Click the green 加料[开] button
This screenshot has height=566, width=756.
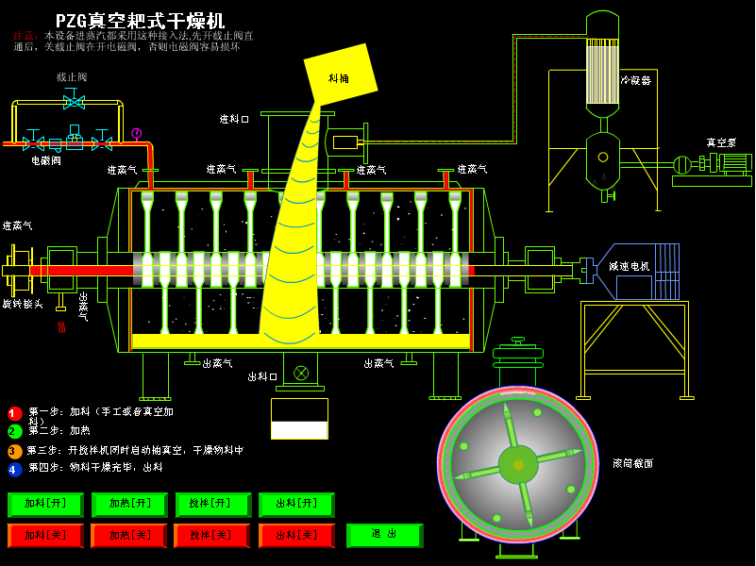pyautogui.click(x=45, y=505)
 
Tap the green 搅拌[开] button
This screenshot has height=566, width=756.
pyautogui.click(x=212, y=505)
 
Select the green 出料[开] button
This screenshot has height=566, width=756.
pyautogui.click(x=296, y=505)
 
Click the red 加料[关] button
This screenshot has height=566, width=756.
pyautogui.click(x=45, y=536)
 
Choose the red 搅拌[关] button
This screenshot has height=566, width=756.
pyautogui.click(x=212, y=536)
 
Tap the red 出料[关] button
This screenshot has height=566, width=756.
pyautogui.click(x=296, y=536)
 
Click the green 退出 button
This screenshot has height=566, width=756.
pyautogui.click(x=384, y=535)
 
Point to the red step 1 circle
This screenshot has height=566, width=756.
pyautogui.click(x=15, y=413)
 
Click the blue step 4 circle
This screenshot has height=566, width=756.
pyautogui.click(x=15, y=469)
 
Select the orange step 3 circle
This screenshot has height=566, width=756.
pyautogui.click(x=15, y=451)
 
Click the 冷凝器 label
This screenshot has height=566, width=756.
pyautogui.click(x=635, y=80)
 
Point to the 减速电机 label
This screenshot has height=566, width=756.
pyautogui.click(x=629, y=266)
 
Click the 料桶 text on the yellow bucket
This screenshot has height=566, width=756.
pyautogui.click(x=339, y=78)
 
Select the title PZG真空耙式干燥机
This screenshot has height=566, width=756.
pyautogui.click(x=140, y=21)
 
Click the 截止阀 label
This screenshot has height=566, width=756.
pyautogui.click(x=72, y=77)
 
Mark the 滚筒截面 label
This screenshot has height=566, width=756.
pyautogui.click(x=632, y=463)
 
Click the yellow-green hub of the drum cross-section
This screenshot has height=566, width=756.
pyautogui.click(x=517, y=464)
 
